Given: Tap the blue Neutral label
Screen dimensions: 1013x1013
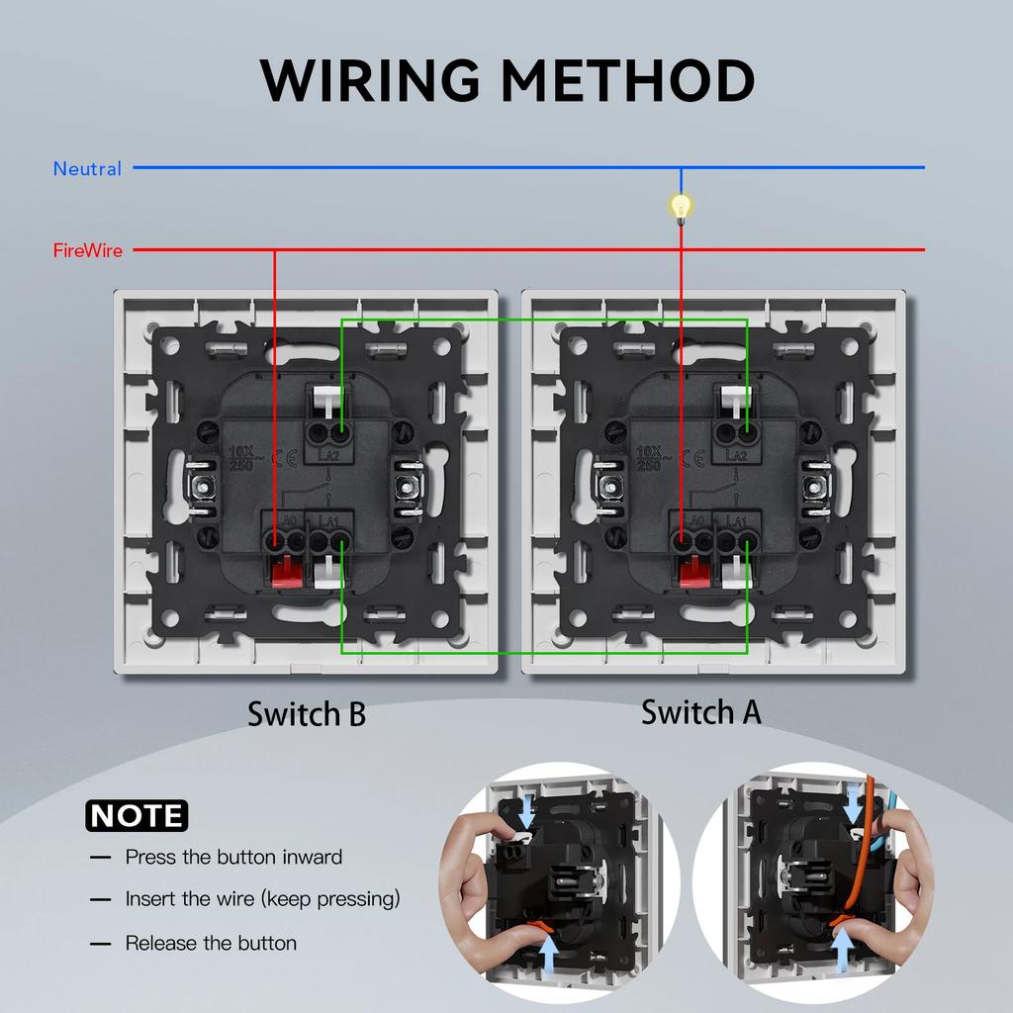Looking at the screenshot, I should click(x=87, y=169).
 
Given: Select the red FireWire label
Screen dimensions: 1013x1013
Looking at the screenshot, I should click(x=88, y=251).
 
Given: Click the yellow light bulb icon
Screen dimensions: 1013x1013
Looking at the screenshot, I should click(x=680, y=206).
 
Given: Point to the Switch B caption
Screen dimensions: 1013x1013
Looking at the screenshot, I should click(x=307, y=713).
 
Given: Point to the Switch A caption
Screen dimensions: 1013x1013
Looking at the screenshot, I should click(x=701, y=711).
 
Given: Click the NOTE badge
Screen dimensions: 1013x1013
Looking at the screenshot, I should click(x=137, y=815).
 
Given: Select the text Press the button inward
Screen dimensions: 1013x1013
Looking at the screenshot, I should click(x=233, y=857).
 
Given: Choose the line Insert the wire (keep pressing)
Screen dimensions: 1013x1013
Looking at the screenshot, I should click(x=262, y=899).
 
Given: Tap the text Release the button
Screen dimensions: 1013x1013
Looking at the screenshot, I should click(x=211, y=943).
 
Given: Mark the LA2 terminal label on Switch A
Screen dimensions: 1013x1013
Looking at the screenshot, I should click(x=736, y=455).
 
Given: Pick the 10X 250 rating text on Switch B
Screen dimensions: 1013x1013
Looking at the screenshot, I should click(x=239, y=457).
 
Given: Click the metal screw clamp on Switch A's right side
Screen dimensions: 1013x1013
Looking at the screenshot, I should click(x=815, y=487).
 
